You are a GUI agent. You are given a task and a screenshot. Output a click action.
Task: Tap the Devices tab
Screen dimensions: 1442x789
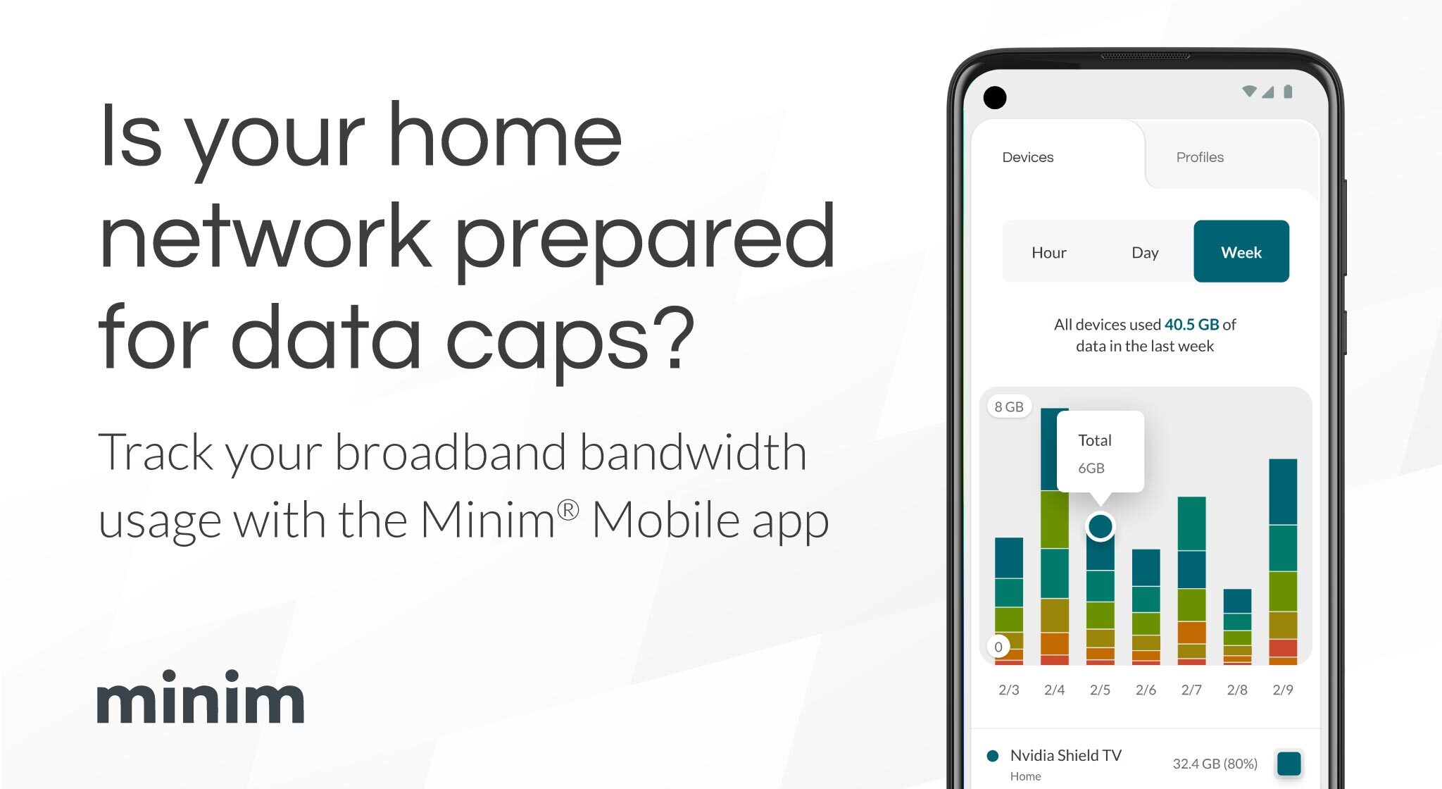tap(1027, 157)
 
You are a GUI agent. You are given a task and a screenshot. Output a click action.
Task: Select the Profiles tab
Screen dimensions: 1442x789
tap(1200, 157)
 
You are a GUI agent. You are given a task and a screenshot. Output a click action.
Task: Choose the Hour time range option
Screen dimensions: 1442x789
tap(1048, 252)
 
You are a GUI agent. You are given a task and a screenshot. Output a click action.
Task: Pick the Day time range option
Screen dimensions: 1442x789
tap(1145, 252)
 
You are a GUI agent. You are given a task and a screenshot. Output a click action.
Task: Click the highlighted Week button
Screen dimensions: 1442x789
tap(1241, 251)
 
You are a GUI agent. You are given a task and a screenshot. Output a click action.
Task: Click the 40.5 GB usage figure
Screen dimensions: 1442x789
tap(1191, 324)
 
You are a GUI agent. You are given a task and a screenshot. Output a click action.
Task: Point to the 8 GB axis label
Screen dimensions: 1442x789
tap(1009, 406)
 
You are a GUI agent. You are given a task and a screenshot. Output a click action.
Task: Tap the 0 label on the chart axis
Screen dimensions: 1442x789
tap(998, 647)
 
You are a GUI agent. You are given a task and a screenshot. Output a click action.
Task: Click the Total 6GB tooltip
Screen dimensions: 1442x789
tap(1101, 452)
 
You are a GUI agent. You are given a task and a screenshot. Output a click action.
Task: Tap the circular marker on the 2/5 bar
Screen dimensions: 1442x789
tap(1101, 526)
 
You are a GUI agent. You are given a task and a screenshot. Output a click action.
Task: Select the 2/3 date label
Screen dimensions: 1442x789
tap(1009, 690)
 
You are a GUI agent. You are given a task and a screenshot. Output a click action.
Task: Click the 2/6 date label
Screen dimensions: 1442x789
tap(1146, 690)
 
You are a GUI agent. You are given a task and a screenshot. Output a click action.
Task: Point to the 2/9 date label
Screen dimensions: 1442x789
tap(1283, 690)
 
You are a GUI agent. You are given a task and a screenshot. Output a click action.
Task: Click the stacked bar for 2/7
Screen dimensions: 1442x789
tap(1191, 581)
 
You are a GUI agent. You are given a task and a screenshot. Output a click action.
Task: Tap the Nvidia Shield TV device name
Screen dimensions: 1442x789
tap(1065, 755)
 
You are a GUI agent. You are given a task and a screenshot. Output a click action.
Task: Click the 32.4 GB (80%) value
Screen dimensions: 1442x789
tap(1215, 764)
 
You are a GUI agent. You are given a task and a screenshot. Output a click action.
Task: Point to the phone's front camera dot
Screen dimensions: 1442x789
tap(995, 97)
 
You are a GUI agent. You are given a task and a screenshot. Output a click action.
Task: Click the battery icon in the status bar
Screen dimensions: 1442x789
tap(1288, 92)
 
